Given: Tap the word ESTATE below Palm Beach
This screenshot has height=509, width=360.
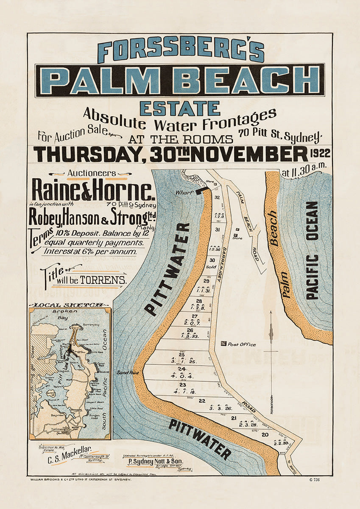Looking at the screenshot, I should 180,108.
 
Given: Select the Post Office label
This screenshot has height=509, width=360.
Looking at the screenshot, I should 242,344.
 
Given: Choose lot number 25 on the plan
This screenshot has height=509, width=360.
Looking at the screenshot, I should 182,354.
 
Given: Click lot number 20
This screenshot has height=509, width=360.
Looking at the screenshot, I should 265,435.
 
